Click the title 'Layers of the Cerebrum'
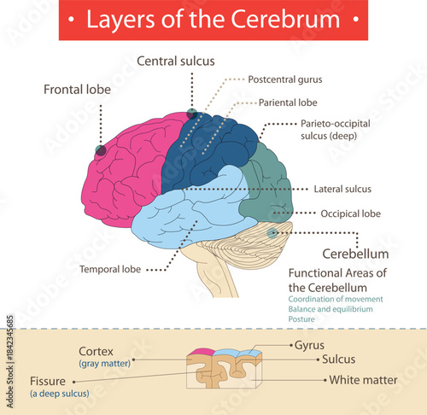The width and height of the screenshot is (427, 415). [x=213, y=20]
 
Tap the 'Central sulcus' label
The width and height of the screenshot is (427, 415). [x=176, y=61]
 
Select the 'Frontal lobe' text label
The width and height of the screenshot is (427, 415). [x=79, y=89]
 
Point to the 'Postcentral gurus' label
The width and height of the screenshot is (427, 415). [x=286, y=79]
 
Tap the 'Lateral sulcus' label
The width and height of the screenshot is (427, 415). [x=342, y=189]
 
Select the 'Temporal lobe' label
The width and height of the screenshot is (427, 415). [x=109, y=269]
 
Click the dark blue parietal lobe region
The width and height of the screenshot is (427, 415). [x=205, y=149]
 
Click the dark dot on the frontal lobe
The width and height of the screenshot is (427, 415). [x=101, y=151]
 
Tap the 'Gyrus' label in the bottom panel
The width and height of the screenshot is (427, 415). [x=310, y=347]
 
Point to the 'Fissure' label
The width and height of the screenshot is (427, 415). [x=50, y=381]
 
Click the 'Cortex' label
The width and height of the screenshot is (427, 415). [x=97, y=351]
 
